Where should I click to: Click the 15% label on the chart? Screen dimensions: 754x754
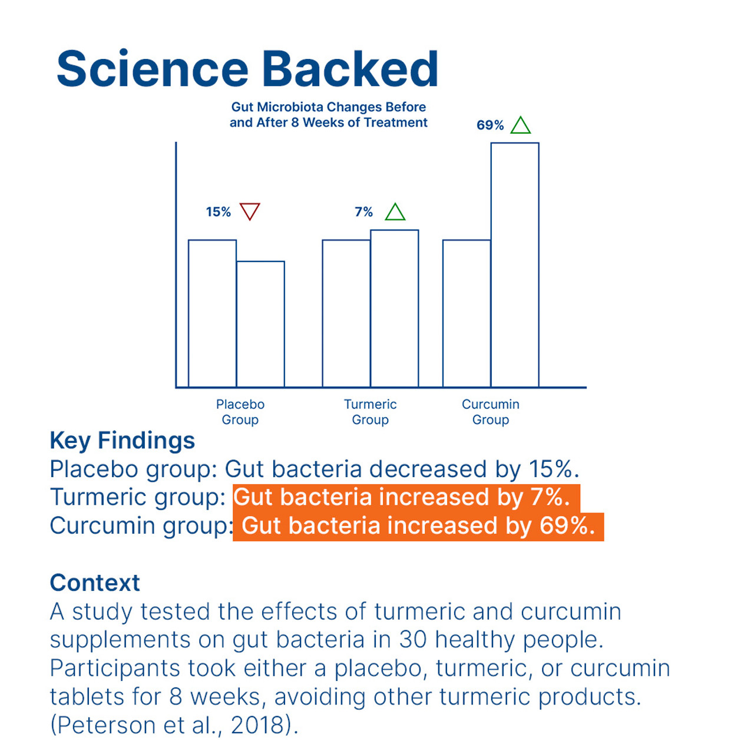[x=219, y=212]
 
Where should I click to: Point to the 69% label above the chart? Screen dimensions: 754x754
[x=490, y=125]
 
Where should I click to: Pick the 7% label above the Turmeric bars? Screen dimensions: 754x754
[x=363, y=212]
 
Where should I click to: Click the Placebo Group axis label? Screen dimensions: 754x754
[x=240, y=412]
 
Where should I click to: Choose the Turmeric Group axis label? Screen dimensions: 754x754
[x=370, y=412]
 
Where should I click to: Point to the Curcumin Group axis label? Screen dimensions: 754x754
[x=491, y=412]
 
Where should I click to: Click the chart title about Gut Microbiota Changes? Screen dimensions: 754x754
[x=329, y=115]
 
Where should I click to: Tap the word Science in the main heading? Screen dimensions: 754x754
[x=153, y=69]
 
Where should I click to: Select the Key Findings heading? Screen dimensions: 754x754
[x=122, y=441]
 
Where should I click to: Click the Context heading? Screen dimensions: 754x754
[x=95, y=583]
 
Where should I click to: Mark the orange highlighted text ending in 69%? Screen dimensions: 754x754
[x=418, y=527]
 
